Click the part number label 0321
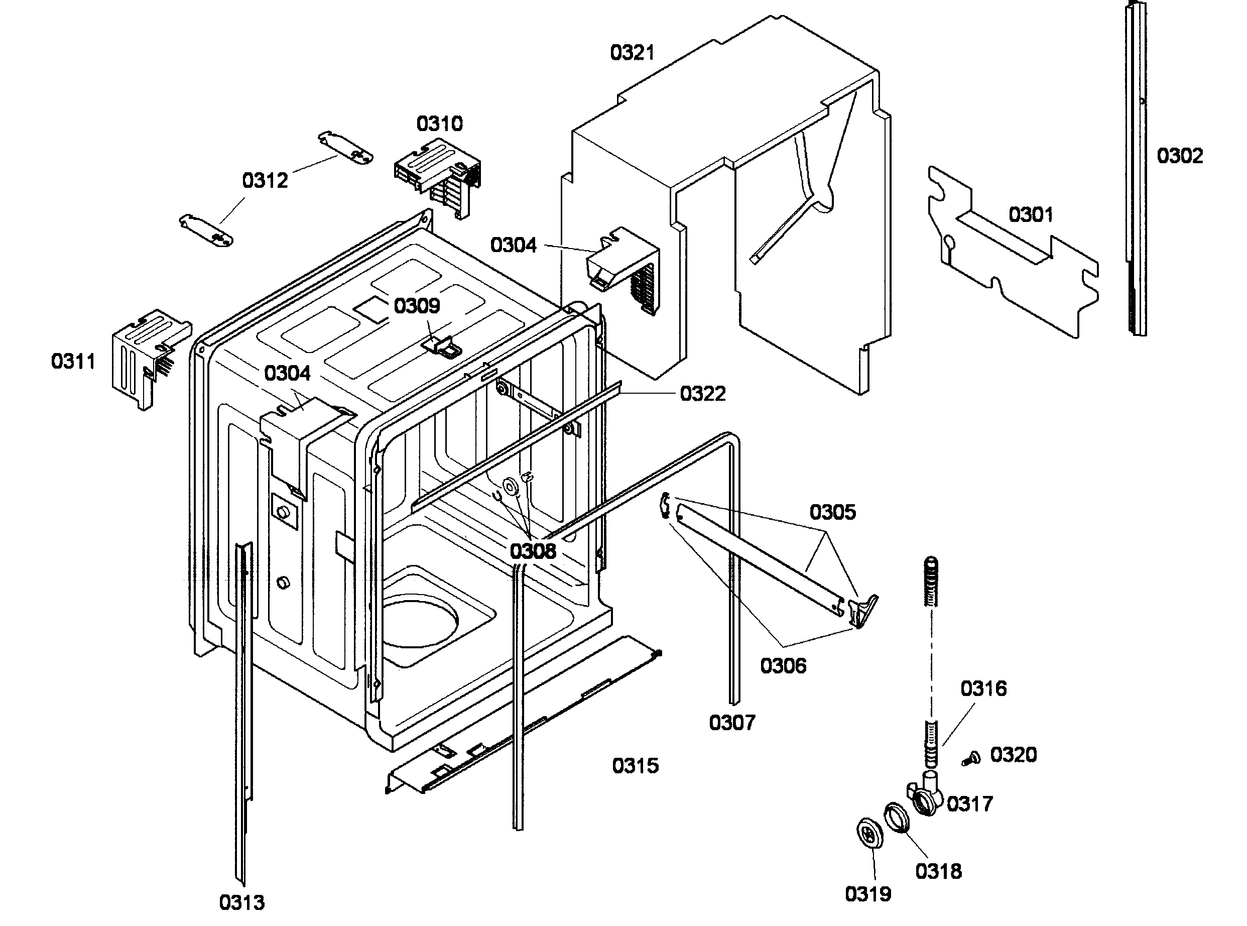click(632, 53)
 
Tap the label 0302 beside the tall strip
click(1180, 156)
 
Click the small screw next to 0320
click(971, 759)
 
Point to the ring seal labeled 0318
click(896, 819)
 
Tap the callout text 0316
click(983, 688)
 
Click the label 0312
click(265, 180)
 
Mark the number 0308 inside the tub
click(533, 551)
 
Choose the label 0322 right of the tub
click(702, 394)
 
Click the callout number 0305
click(832, 512)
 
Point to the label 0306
click(783, 666)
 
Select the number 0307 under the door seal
click(732, 723)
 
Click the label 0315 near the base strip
click(635, 766)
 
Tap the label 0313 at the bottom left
click(241, 902)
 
